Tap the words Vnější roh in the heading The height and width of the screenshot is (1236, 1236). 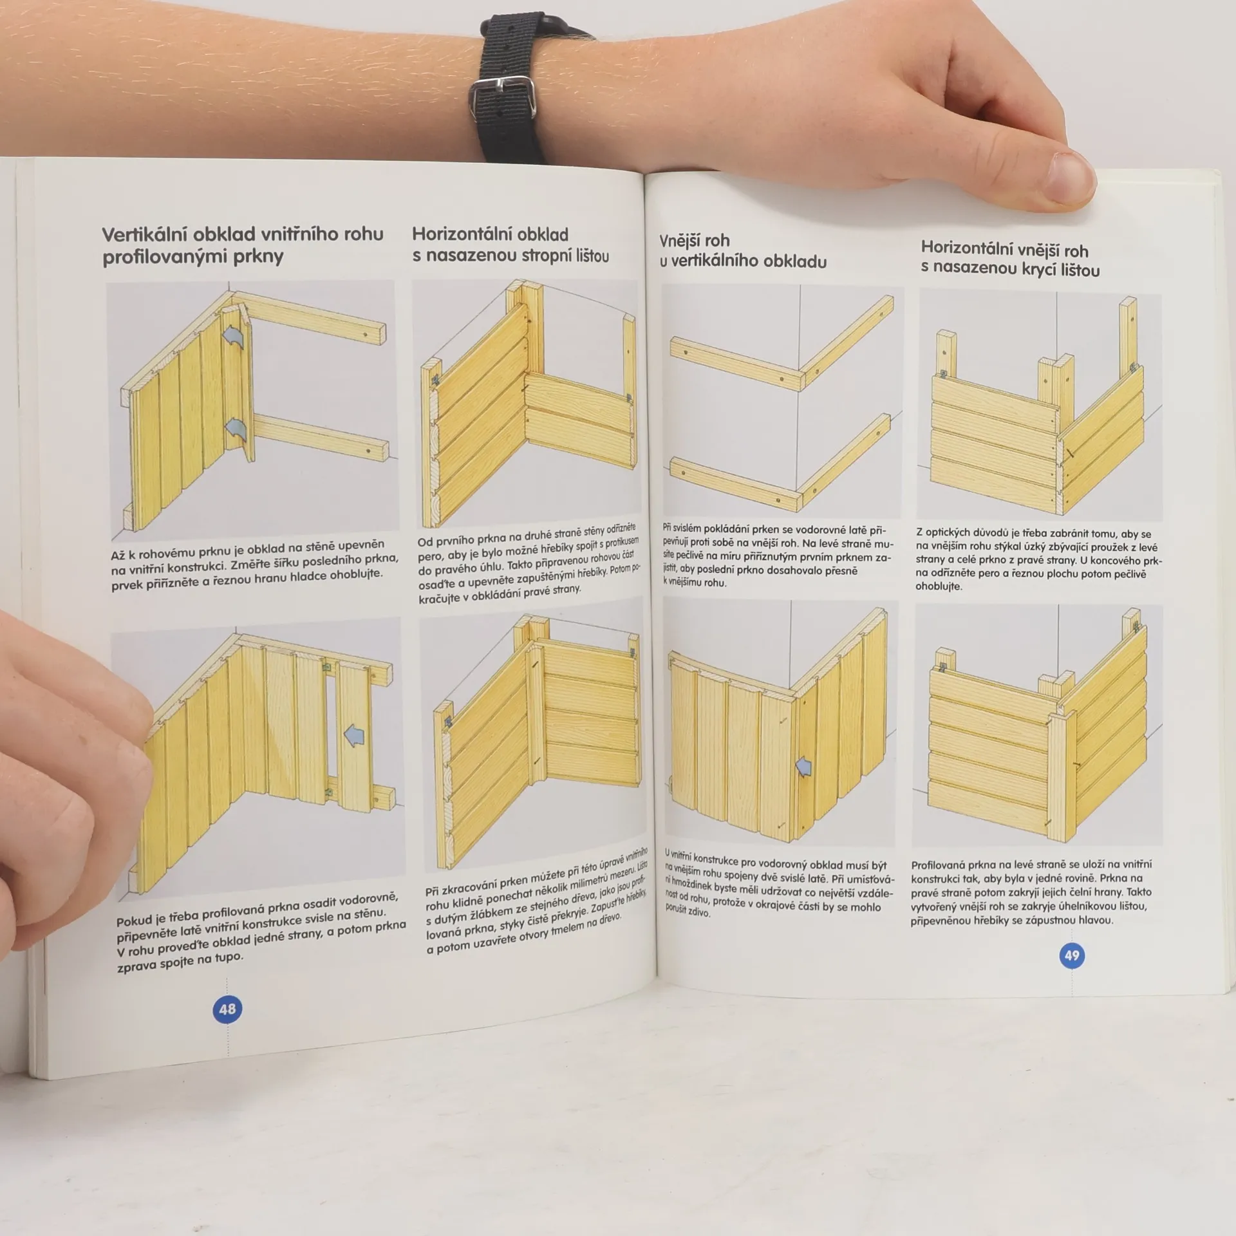coord(694,241)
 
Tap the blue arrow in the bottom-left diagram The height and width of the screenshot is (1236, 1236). coord(355,734)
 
